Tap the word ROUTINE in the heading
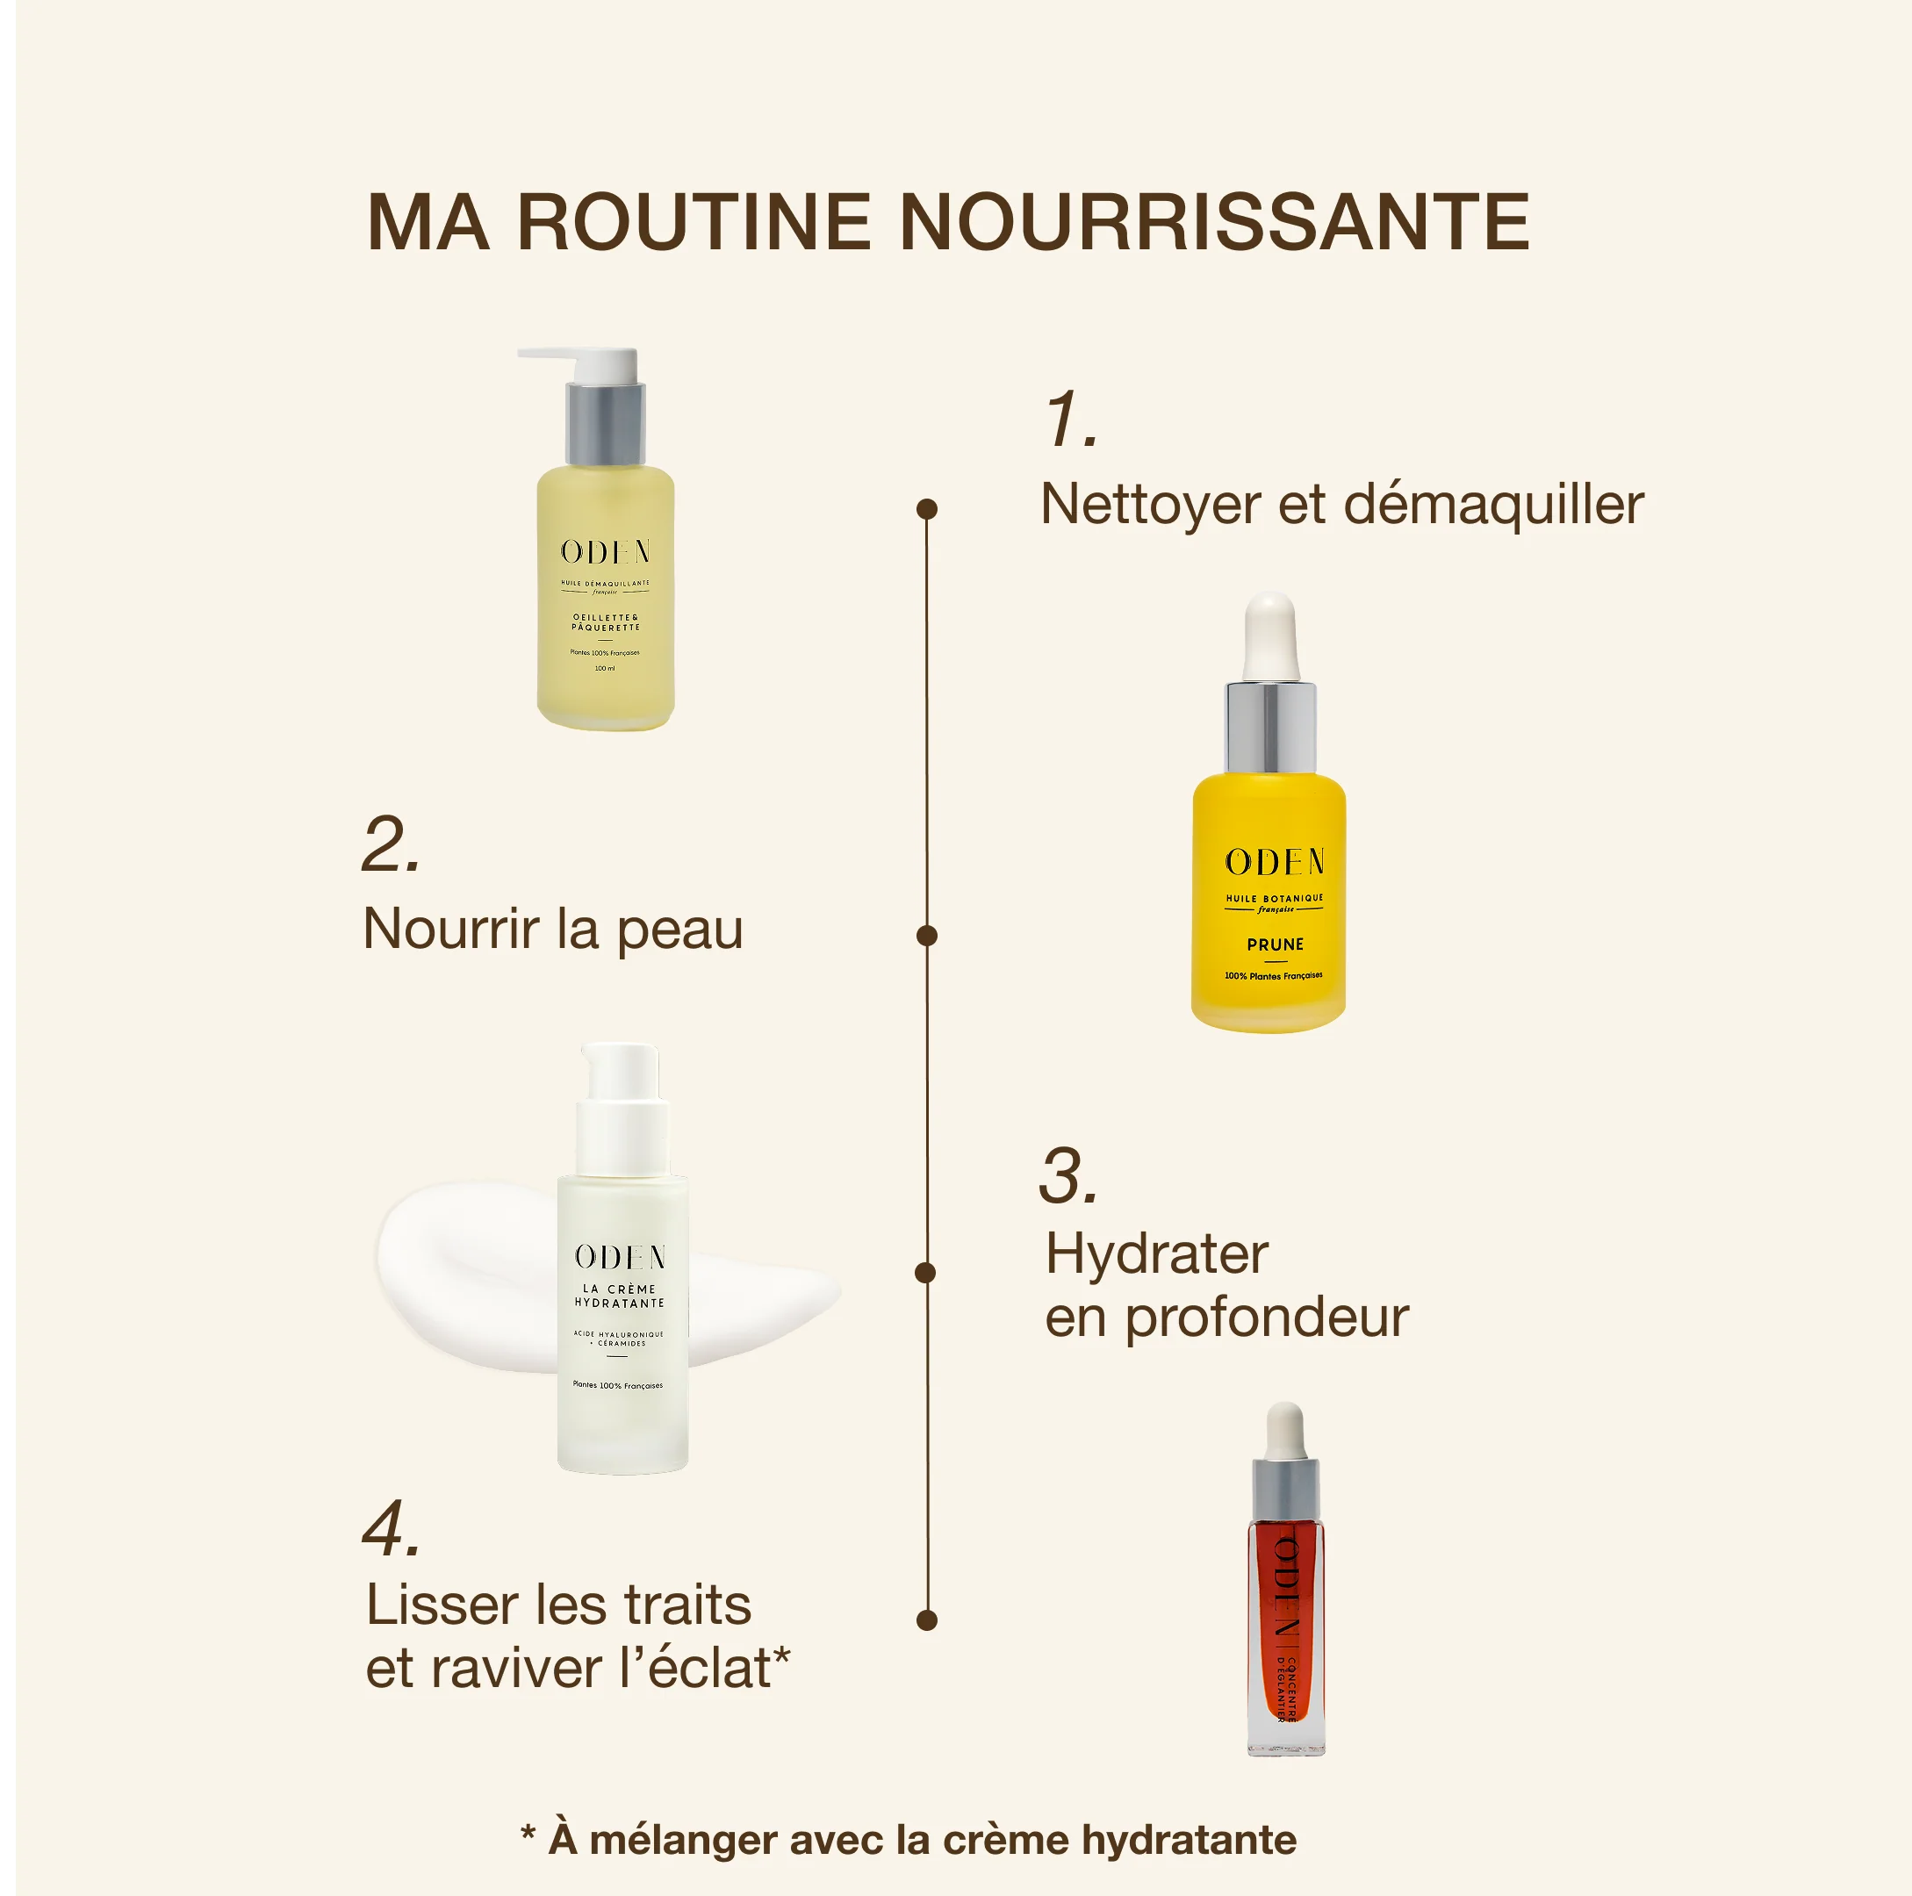[x=693, y=223]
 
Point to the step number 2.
[x=391, y=846]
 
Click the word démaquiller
[x=1493, y=506]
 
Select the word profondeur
[x=1267, y=1318]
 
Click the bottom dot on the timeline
[x=927, y=1619]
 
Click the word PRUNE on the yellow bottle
[x=1275, y=945]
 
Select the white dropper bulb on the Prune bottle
[x=1270, y=634]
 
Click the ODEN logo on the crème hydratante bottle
[x=621, y=1258]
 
